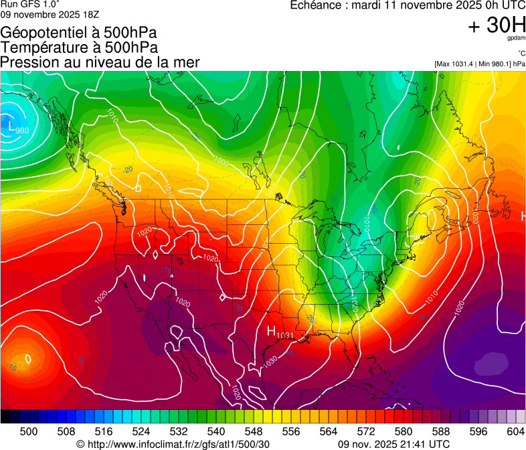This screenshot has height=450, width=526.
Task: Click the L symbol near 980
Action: coord(11,125)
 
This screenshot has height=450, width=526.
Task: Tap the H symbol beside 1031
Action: coord(272,331)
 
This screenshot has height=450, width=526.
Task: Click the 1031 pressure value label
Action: coord(284,335)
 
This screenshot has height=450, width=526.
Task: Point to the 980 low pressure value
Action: coord(21,130)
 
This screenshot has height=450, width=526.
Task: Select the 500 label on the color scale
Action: coord(29,431)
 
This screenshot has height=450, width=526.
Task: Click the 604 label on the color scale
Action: coord(515,431)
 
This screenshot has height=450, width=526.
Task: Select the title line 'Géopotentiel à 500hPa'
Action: coord(80,33)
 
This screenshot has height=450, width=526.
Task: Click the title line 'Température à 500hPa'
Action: coord(80,48)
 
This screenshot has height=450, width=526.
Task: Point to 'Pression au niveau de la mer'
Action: coord(100,62)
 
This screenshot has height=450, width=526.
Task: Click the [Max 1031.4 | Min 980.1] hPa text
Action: coord(479,64)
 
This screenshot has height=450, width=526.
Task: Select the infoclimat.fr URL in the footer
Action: coord(173,444)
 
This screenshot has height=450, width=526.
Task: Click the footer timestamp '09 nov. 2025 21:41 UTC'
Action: coord(394,444)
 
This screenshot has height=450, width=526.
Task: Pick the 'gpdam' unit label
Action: coord(516,40)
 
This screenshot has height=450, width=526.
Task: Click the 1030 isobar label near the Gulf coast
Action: coord(271,360)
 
